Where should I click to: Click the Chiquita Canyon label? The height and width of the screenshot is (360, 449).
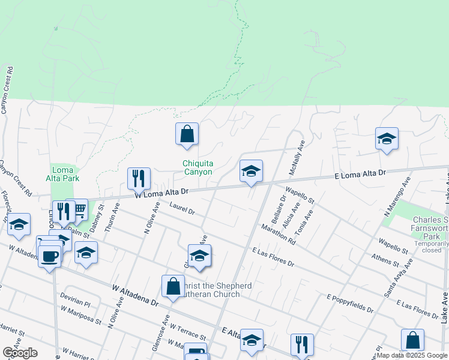197,167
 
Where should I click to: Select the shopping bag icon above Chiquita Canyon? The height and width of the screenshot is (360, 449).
187,134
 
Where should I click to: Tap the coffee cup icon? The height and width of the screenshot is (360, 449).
49,257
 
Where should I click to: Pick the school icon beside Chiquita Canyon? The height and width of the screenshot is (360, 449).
251,172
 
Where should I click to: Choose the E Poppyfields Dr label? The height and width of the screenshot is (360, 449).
350,304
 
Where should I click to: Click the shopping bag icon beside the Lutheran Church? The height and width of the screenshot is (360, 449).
173,287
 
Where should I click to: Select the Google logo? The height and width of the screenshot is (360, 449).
20,353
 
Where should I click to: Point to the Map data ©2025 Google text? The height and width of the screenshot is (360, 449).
411,355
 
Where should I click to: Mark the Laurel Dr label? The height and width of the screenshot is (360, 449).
182,210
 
